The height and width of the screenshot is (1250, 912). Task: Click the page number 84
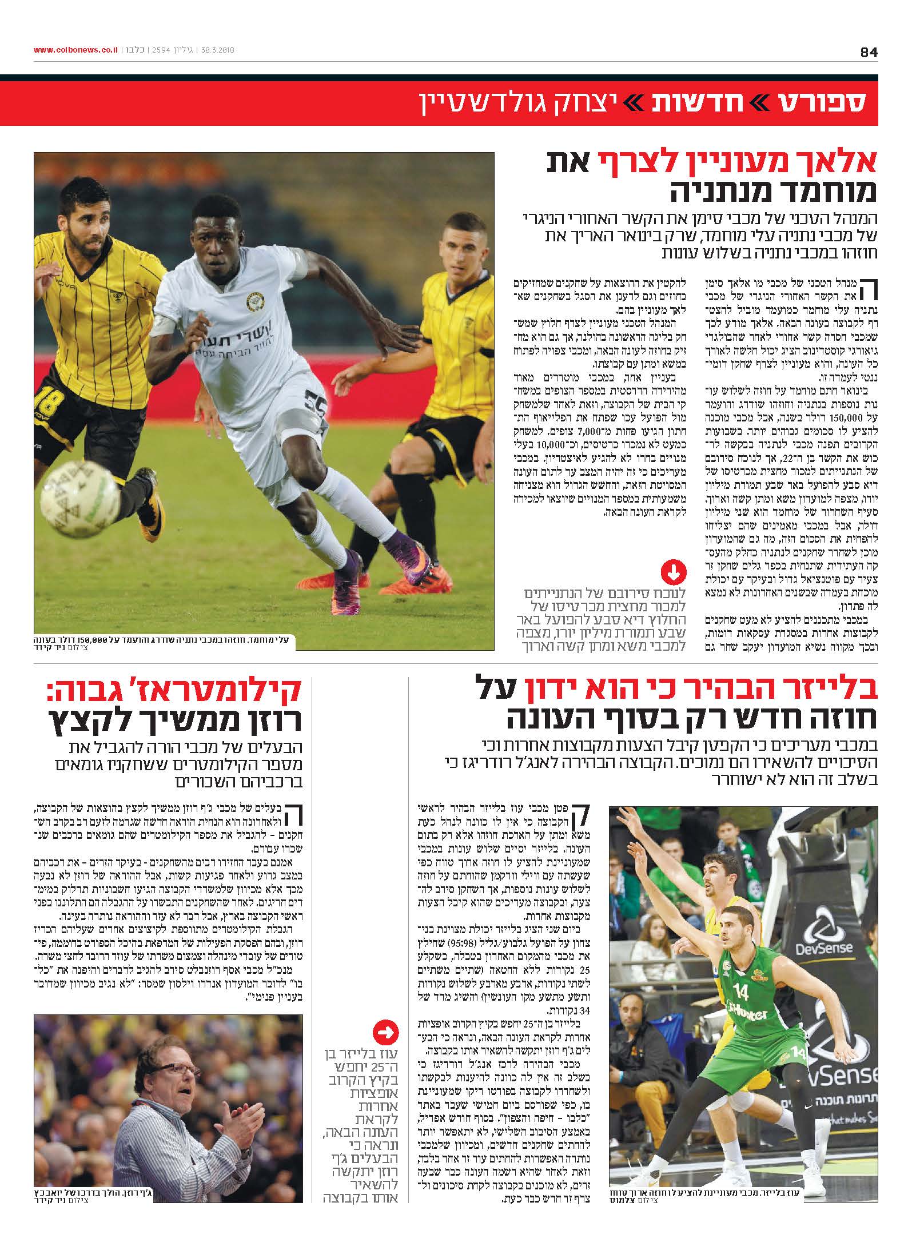pyautogui.click(x=868, y=52)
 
